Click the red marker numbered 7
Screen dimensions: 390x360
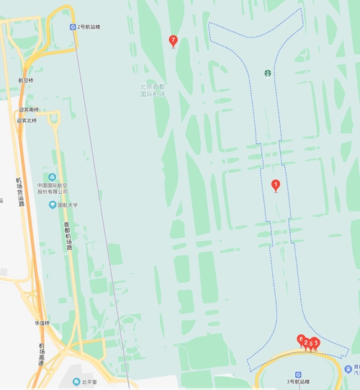173,40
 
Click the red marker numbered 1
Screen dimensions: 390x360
275,185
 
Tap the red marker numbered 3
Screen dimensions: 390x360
315,343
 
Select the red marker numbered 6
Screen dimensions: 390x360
301,339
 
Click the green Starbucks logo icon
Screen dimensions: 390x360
266,73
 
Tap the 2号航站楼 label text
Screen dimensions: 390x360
91,27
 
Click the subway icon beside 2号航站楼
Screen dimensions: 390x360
73,27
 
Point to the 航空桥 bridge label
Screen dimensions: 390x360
26,80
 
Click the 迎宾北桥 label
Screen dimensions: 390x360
27,120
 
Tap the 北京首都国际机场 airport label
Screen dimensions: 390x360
153,90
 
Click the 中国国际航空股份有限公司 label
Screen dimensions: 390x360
53,189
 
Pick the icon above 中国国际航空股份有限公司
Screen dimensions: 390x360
52,177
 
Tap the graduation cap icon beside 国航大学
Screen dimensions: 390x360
52,205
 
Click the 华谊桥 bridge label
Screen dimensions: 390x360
42,323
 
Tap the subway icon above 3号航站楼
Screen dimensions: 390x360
298,375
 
